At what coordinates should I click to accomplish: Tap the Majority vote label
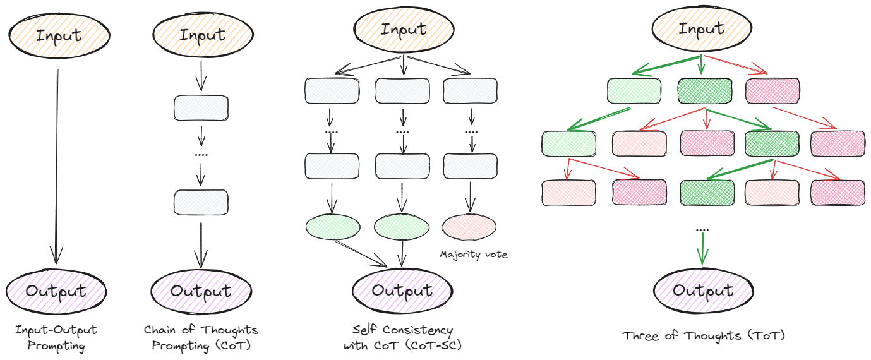pos(474,255)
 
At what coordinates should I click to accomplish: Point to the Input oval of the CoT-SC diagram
pos(402,29)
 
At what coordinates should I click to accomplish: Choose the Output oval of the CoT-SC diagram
pos(402,290)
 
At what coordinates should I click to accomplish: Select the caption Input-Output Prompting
pos(56,338)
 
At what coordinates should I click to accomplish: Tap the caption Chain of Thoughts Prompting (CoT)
pos(201,338)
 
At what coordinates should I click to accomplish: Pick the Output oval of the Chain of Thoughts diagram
pos(201,291)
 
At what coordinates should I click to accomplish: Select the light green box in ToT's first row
pos(634,91)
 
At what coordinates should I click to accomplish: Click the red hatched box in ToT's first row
pos(772,91)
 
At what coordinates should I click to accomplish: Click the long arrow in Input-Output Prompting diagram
pos(57,164)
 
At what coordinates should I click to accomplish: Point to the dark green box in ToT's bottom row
pos(707,193)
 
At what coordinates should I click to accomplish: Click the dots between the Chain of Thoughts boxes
pos(201,154)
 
